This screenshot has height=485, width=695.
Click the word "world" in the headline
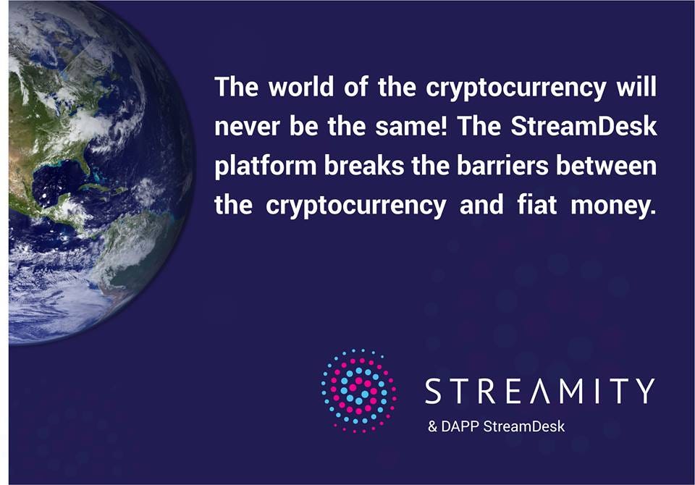coord(301,86)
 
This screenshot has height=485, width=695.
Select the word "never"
coord(246,127)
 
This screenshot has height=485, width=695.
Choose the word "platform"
coord(266,166)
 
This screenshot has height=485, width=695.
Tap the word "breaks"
coord(364,166)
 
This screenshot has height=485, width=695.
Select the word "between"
coord(607,166)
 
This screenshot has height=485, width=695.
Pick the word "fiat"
coord(536,206)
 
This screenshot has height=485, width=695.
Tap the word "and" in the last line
coord(482,206)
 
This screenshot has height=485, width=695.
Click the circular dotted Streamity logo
coord(358,391)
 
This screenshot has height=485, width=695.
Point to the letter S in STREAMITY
coord(434,391)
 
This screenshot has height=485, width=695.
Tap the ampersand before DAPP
coord(433,426)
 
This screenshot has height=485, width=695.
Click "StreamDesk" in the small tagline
coord(524,426)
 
